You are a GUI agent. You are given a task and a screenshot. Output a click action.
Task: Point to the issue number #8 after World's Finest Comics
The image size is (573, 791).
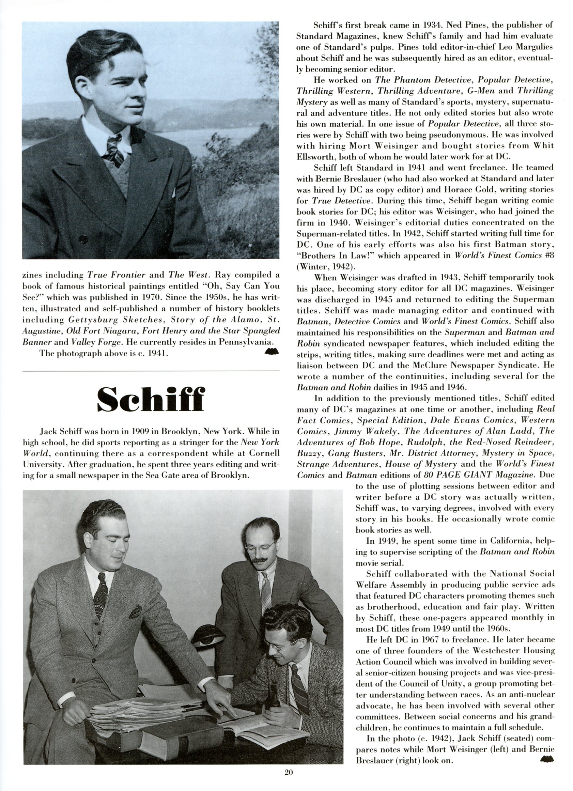[x=549, y=255]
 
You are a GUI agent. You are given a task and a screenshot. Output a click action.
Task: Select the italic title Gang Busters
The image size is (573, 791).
[x=355, y=453]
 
